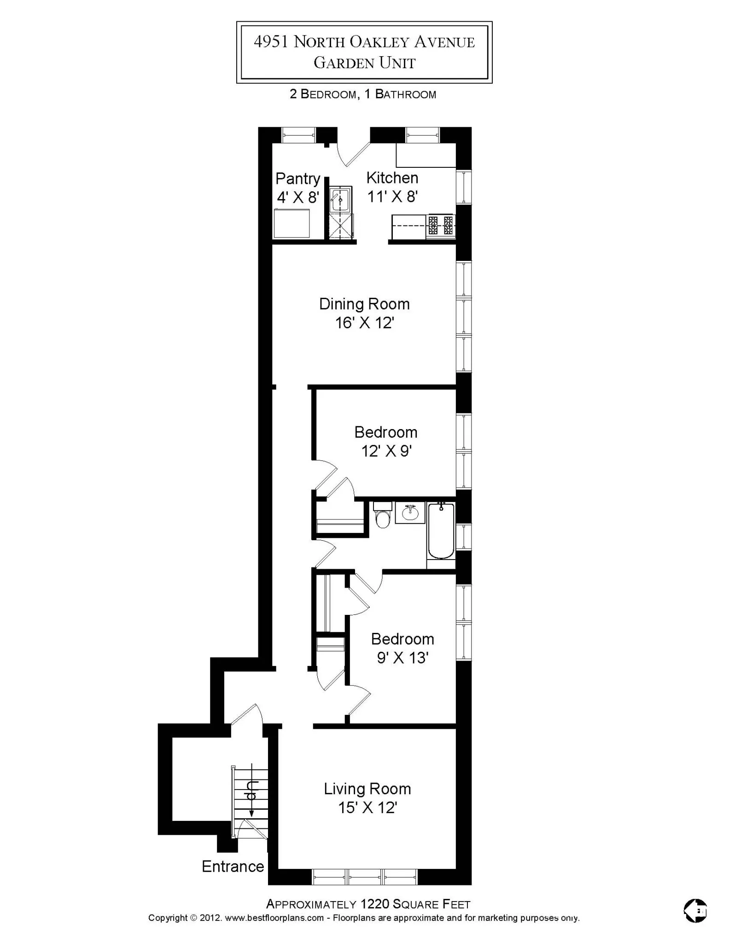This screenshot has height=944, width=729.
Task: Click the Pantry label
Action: click(297, 178)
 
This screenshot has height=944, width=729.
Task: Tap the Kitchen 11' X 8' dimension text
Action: click(392, 197)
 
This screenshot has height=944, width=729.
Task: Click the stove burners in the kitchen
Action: click(441, 225)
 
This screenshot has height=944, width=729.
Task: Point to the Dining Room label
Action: click(364, 304)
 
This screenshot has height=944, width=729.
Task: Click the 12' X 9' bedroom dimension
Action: click(386, 451)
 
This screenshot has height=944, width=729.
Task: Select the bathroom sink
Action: click(410, 513)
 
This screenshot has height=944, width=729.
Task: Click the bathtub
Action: click(441, 531)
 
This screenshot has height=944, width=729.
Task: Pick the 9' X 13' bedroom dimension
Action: click(402, 658)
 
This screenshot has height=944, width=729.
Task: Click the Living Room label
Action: click(367, 789)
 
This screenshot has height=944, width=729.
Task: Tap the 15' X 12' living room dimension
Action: click(367, 808)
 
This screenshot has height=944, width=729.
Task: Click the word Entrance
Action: click(233, 867)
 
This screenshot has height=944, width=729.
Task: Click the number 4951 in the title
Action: click(271, 42)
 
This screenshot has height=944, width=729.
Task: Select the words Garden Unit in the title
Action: click(364, 63)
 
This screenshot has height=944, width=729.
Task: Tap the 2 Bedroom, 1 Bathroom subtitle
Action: click(362, 94)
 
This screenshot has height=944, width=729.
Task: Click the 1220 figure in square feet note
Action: click(376, 904)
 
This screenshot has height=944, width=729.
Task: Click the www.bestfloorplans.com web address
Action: click(274, 918)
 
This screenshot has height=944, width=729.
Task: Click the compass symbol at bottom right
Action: click(695, 911)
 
